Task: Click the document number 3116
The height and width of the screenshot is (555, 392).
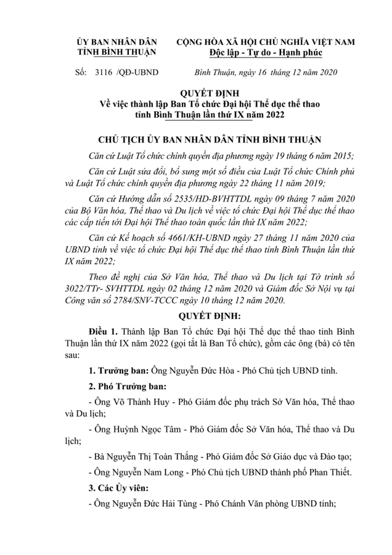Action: point(102,72)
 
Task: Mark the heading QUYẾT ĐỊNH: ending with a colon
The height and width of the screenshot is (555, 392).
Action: point(195,315)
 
